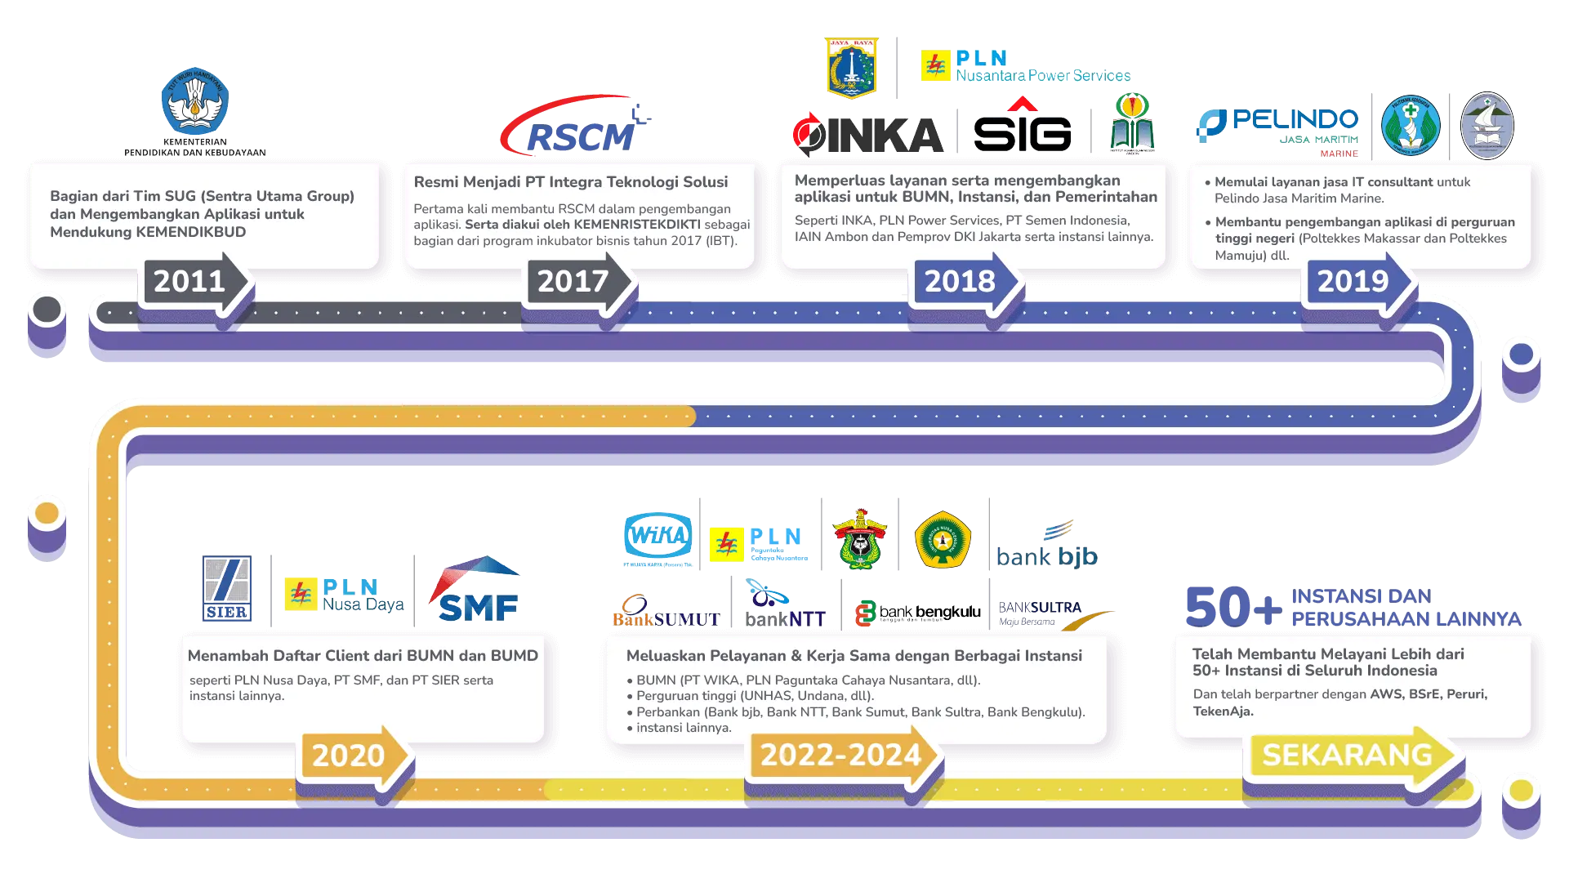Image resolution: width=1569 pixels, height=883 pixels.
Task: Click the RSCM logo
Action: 576,127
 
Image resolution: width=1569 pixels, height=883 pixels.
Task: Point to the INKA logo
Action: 867,135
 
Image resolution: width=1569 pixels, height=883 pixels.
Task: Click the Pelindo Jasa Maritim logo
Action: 1277,127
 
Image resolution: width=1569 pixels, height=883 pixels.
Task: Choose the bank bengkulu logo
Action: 918,612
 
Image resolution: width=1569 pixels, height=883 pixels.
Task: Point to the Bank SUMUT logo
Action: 665,613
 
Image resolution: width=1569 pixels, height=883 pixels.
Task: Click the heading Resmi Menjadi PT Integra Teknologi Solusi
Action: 570,182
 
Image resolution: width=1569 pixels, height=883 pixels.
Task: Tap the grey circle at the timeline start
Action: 47,310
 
